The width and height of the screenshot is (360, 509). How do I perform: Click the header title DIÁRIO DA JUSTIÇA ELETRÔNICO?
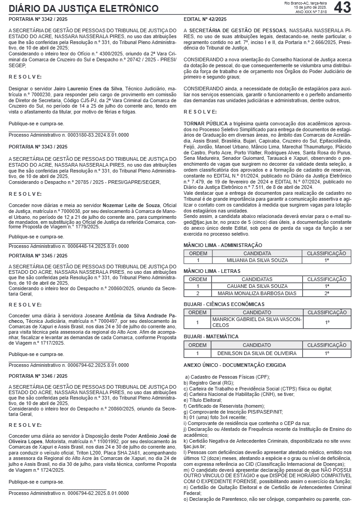[84, 9]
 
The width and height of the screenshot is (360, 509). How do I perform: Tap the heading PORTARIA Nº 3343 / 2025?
[38, 147]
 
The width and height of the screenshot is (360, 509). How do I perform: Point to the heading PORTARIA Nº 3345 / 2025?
[38, 256]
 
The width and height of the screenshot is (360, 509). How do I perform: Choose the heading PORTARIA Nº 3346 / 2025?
[38, 376]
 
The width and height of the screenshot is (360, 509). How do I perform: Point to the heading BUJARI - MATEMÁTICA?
[211, 336]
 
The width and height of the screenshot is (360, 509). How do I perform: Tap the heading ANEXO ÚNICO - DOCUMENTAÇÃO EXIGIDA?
[235, 365]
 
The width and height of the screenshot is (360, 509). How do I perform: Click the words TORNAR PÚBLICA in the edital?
[206, 123]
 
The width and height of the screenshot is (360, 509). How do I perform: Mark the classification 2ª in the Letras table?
[327, 293]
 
